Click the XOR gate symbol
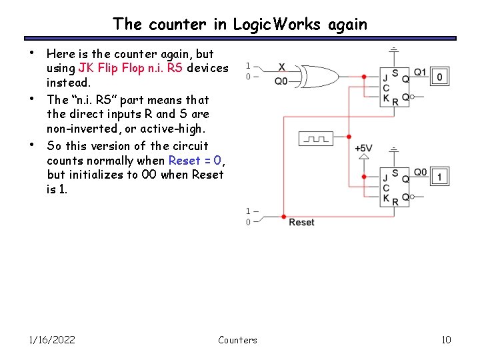319,76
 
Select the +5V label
363,148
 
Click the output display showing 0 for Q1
439,77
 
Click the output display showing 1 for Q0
439,177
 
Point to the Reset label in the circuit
301,222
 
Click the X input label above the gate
281,66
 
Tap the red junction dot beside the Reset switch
284,217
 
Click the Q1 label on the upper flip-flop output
420,72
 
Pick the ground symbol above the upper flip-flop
394,51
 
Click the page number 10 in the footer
446,340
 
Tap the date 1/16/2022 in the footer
52,340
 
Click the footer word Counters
237,340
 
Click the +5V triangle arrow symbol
363,157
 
